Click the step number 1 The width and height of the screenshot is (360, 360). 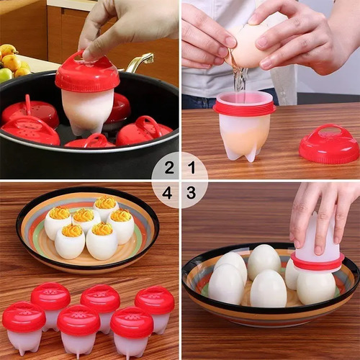[x=192, y=167]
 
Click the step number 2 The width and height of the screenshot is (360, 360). [x=169, y=168]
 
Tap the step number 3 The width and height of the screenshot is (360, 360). [x=192, y=192]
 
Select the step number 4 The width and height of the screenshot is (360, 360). [x=167, y=193]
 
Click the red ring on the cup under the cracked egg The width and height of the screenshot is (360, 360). [x=244, y=108]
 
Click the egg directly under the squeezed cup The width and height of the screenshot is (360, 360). [x=316, y=287]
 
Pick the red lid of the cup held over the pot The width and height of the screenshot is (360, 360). [x=87, y=72]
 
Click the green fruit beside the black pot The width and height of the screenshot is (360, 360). [x=5, y=75]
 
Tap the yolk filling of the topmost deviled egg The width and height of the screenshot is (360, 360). [x=105, y=202]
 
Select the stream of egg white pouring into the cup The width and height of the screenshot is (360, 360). [x=240, y=78]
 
